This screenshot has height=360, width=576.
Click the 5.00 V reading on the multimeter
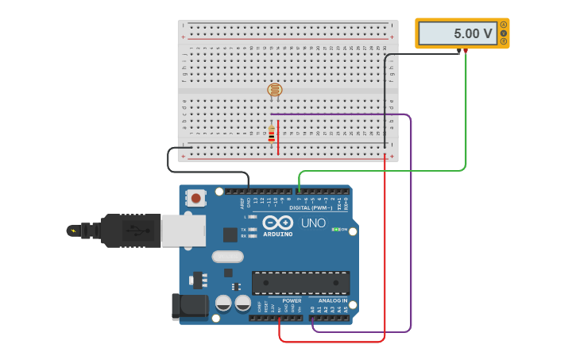473,34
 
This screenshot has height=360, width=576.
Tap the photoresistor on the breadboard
274,90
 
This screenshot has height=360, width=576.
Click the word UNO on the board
313,223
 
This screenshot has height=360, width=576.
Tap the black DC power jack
189,306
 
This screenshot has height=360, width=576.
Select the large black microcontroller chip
300,282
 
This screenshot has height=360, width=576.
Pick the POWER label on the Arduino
292,301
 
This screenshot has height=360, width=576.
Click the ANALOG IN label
333,301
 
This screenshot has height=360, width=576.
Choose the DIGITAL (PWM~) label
311,207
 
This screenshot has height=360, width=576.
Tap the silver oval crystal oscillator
227,257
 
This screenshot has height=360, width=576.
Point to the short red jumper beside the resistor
278,137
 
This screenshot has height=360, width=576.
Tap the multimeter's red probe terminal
466,51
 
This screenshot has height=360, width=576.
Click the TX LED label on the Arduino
243,229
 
